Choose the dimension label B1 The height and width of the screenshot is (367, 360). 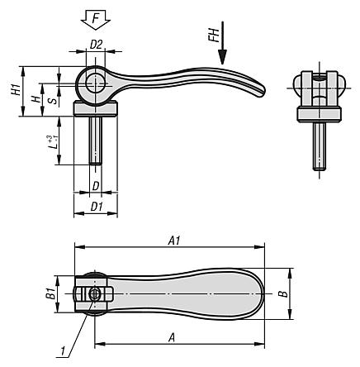tap(50, 293)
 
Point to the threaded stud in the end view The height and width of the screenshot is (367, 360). tap(316, 145)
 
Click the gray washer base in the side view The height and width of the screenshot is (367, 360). tap(96, 108)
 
